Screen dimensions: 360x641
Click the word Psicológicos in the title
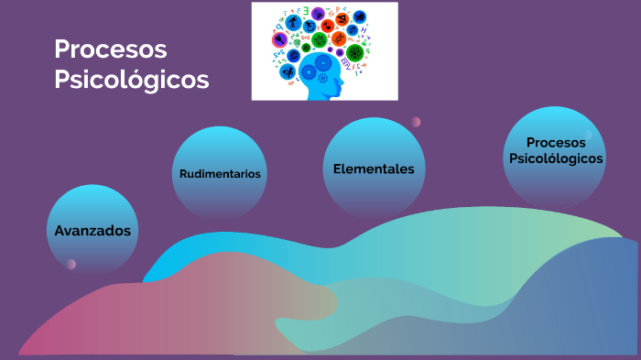pos(131,80)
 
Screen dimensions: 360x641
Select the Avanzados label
pos(92,231)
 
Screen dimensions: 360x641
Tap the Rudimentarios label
pos(220,174)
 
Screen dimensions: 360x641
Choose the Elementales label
pos(374,169)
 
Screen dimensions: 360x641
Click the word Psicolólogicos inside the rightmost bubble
pos(556,158)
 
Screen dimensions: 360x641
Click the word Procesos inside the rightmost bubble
pos(555,142)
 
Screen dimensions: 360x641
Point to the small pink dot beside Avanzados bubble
pos(71,265)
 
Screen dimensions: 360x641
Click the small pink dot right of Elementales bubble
pos(416,122)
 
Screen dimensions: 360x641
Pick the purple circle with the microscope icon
pos(318,14)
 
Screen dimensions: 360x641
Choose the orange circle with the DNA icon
pos(338,38)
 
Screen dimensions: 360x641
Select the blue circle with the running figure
pos(288,72)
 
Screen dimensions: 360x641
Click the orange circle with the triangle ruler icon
pos(341,19)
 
